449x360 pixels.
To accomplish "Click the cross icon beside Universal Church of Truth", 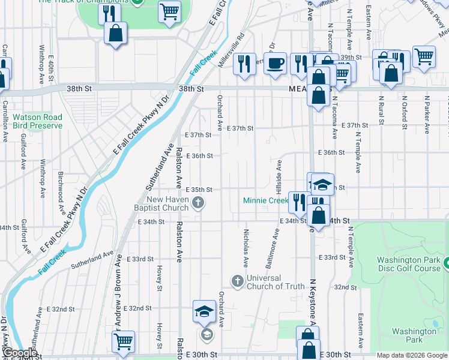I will tap(237, 281).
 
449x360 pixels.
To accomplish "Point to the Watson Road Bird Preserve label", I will tap(37, 121).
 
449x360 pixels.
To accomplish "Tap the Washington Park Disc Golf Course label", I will tap(409, 264).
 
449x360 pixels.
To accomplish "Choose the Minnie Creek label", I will tap(266, 200).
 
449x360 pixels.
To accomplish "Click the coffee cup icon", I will tap(276, 63).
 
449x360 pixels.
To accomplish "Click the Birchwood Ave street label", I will tap(61, 193).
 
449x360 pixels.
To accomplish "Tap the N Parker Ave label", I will tap(427, 113).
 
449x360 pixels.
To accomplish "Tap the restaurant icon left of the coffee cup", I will tap(244, 64).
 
